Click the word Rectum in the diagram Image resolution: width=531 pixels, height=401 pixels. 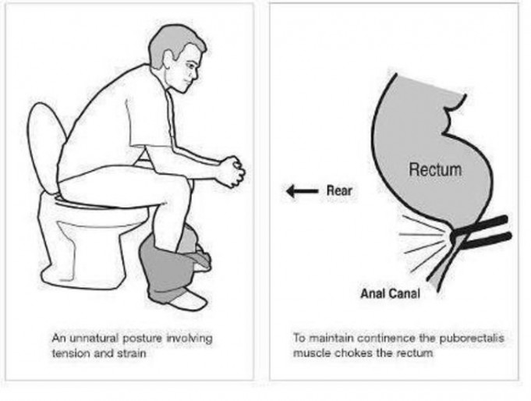coord(435,169)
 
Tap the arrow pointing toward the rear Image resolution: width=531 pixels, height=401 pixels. coord(302,191)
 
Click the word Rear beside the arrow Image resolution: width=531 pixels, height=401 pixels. coord(339,190)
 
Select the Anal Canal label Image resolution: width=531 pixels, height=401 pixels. coord(390,293)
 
